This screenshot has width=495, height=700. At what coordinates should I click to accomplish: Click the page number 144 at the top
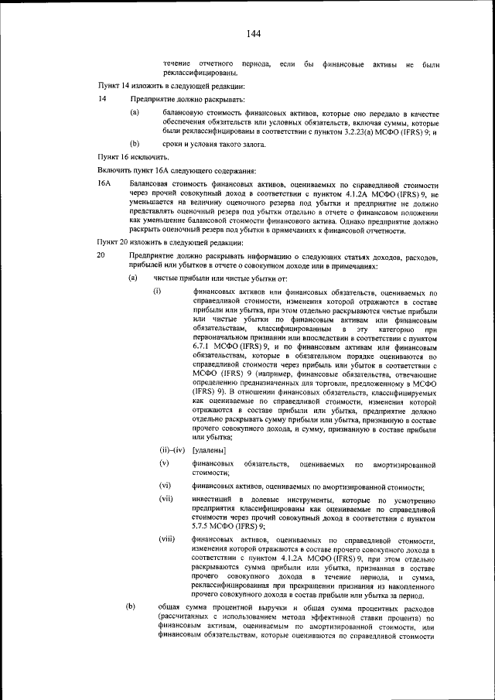coord(253,32)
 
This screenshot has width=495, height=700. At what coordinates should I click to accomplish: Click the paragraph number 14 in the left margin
coord(101,100)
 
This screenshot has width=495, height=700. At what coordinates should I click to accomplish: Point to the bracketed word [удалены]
coord(209,449)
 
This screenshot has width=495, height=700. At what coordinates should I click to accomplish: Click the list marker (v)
coord(164,463)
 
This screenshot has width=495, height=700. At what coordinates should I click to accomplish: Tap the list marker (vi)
coord(166,486)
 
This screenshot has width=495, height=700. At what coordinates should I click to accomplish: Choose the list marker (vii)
coord(166,500)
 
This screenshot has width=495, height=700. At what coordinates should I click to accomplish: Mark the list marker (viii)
coord(168,538)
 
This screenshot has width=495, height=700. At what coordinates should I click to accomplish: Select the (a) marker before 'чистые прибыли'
coord(133,278)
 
